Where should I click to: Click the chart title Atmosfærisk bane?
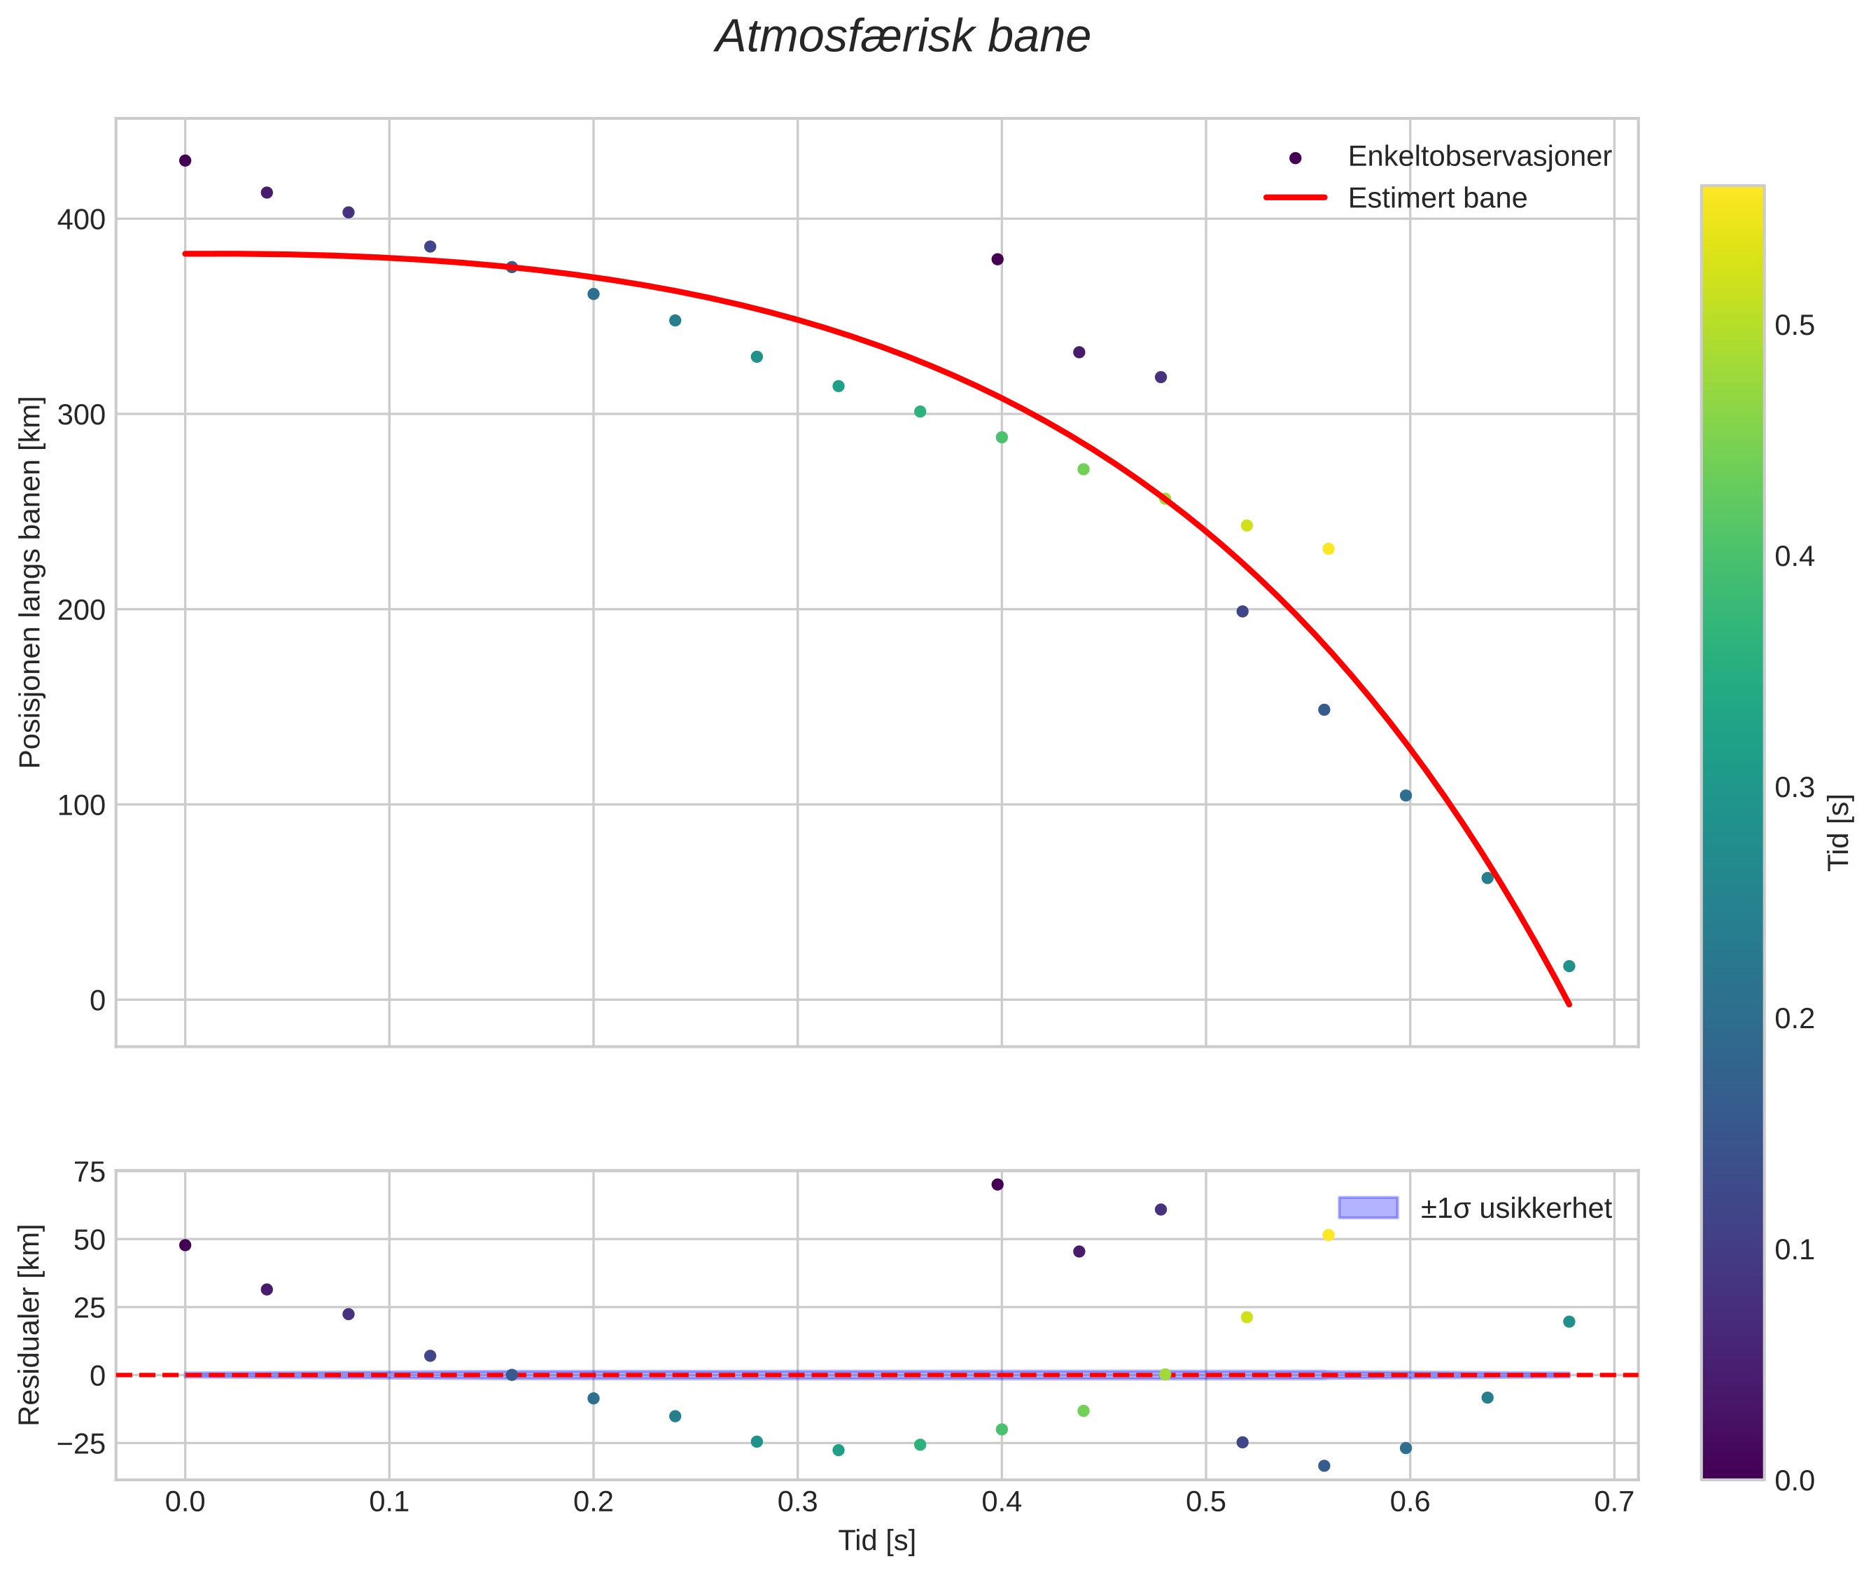pos(902,37)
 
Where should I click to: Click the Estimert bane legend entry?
pos(1436,198)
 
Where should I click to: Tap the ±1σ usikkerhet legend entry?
pos(1515,1208)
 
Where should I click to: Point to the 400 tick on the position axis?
pos(81,219)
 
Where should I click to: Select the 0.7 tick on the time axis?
pos(1613,1502)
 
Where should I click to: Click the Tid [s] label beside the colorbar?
pos(1839,832)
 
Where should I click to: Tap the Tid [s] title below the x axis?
pos(876,1541)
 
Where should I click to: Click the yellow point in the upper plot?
pos(1328,549)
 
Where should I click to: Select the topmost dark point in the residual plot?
pos(997,1185)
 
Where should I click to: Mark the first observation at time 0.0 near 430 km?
pos(185,160)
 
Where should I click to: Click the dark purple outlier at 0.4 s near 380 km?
pos(997,260)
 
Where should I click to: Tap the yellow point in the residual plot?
pos(1328,1235)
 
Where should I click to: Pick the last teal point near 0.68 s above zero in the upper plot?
pos(1569,966)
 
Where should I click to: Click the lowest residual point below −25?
pos(1324,1466)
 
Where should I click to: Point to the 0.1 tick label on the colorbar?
pos(1793,1250)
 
